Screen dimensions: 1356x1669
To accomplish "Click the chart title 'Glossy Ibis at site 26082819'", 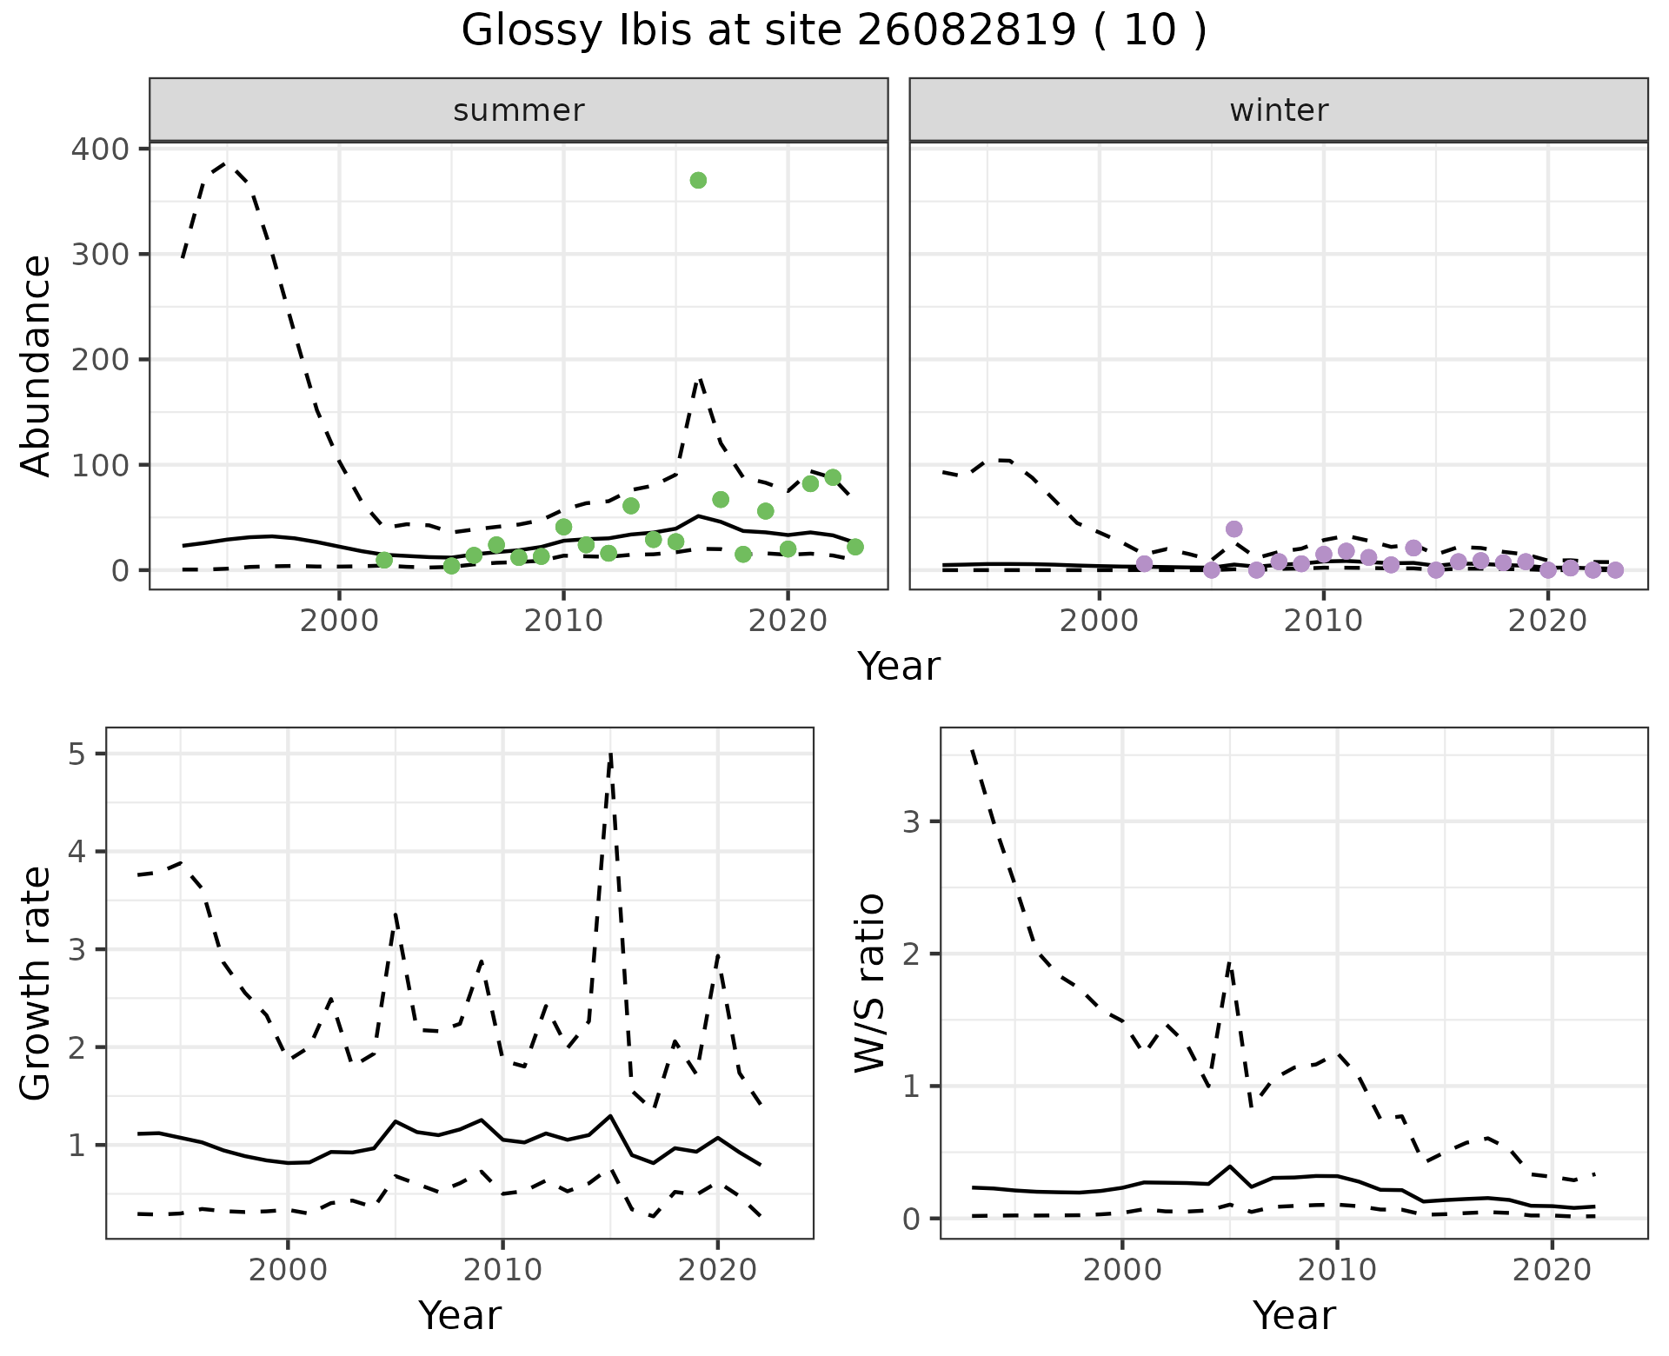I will click(833, 31).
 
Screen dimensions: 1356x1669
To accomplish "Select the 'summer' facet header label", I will click(519, 110).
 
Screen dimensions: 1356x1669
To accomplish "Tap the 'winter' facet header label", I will click(1279, 110).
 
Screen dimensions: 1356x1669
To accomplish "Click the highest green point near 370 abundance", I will click(698, 181).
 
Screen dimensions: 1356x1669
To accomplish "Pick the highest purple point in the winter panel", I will click(1233, 529).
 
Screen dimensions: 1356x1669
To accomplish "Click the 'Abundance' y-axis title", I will click(37, 366).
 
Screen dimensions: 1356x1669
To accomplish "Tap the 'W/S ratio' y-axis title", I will click(870, 983).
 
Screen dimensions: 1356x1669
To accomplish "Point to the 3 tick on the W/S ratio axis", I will click(911, 821).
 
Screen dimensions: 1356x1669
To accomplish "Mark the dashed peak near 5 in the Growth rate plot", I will click(611, 754).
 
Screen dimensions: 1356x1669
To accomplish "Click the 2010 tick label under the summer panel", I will click(562, 621).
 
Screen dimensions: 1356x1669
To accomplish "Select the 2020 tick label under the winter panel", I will click(1547, 621).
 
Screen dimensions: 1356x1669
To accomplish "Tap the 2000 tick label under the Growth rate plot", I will click(288, 1271).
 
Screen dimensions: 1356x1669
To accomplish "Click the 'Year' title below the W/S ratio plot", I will click(1293, 1316).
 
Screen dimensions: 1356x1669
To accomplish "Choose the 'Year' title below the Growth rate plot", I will click(460, 1316).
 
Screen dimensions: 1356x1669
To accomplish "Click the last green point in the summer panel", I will click(854, 547).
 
